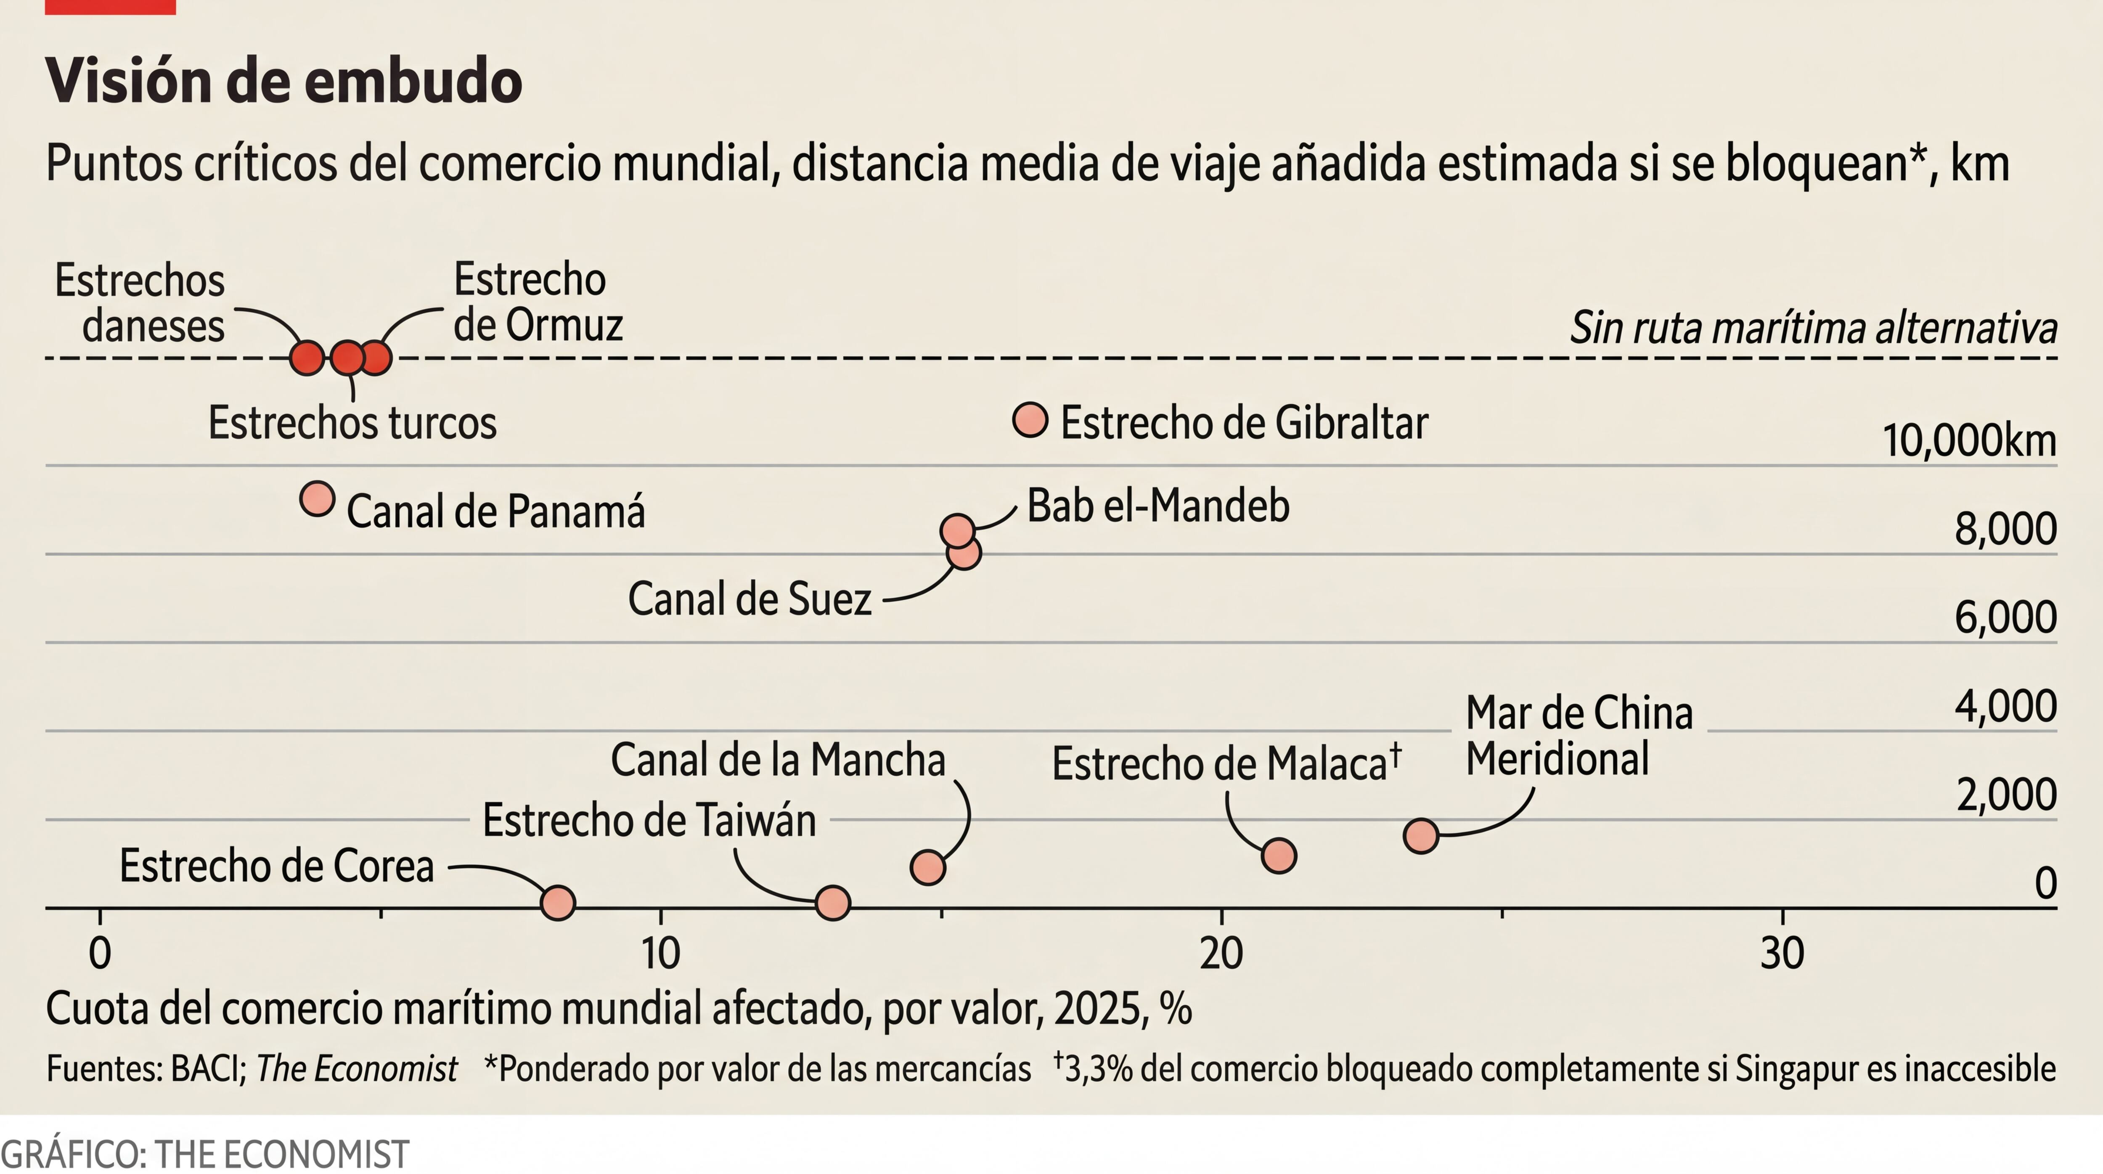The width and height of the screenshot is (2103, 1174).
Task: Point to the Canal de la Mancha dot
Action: [927, 867]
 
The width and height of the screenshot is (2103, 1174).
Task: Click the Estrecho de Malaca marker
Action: [1279, 856]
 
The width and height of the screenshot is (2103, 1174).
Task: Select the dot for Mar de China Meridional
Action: [1420, 836]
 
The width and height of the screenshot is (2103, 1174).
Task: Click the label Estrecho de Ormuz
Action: [537, 302]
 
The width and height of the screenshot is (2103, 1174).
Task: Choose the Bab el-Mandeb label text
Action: [1157, 505]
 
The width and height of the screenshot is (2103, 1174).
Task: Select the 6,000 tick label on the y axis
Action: [2005, 617]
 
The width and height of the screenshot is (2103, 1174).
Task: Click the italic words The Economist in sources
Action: [357, 1069]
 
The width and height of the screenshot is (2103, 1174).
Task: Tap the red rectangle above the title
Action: [110, 7]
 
